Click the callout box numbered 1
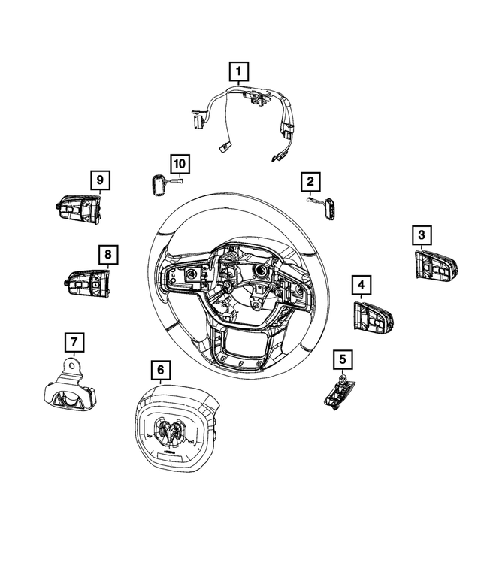click(x=239, y=72)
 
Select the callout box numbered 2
click(x=309, y=181)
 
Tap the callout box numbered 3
click(x=421, y=235)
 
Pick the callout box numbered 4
click(x=362, y=285)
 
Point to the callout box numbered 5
click(x=342, y=360)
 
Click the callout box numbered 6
click(x=160, y=370)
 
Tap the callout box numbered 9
click(x=99, y=180)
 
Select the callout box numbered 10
click(x=180, y=162)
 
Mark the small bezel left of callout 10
click(x=157, y=183)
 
